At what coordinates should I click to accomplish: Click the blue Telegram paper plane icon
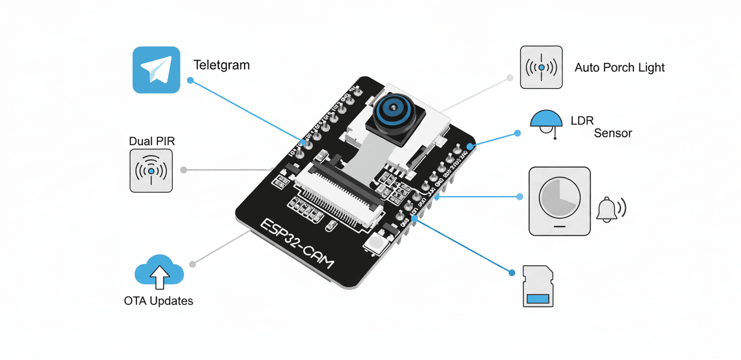click(156, 70)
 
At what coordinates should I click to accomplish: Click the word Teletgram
click(222, 65)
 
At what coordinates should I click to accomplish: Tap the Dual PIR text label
click(152, 141)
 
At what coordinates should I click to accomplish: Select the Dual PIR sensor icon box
click(151, 171)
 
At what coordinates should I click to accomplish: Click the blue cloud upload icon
click(159, 273)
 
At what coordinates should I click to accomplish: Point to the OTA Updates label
click(158, 301)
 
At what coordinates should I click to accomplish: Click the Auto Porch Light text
click(619, 68)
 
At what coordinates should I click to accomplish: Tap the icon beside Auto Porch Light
click(541, 67)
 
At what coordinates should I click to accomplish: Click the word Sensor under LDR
click(613, 133)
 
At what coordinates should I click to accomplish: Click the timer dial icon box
click(559, 201)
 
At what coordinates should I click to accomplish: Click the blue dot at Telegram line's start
click(190, 81)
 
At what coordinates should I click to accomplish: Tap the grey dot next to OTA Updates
click(193, 264)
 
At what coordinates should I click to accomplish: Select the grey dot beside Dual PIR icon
click(184, 170)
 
